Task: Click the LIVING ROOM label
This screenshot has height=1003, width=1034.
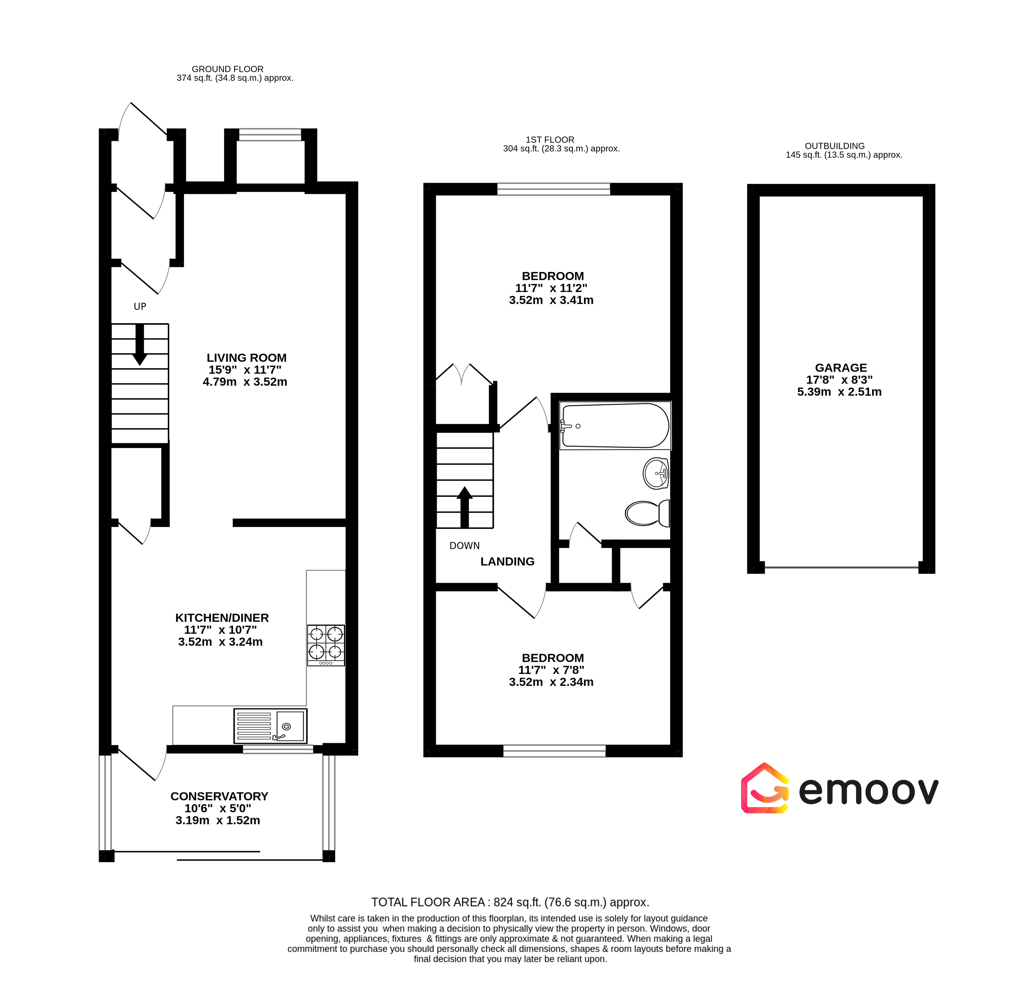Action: pos(246,358)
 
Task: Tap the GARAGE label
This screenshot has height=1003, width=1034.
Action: pos(841,368)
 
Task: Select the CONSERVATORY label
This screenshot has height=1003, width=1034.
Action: pos(219,796)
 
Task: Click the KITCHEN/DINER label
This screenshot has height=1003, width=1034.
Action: pos(222,618)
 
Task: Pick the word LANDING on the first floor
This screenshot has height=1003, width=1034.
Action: pos(507,561)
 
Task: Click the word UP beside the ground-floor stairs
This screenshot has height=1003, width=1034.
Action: pos(140,307)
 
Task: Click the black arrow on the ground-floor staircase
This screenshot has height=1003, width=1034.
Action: pos(140,344)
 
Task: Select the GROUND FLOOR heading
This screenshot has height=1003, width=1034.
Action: pos(227,69)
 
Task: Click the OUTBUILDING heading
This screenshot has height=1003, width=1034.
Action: pos(835,146)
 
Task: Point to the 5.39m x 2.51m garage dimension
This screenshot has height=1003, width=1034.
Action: pos(839,391)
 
